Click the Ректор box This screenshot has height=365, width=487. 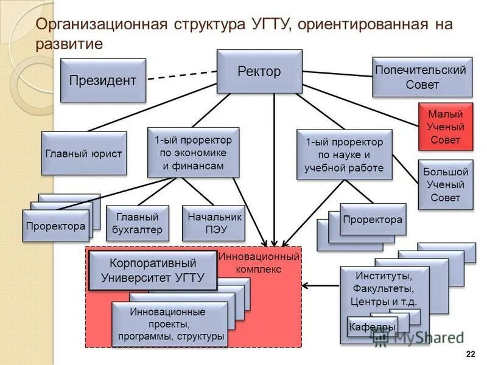click(x=259, y=72)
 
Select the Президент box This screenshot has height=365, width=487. click(x=103, y=80)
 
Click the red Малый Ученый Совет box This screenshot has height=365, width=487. click(x=446, y=127)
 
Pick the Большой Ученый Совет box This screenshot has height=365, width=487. click(x=446, y=184)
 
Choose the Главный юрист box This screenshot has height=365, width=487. click(x=84, y=153)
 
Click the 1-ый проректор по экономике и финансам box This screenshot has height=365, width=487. click(x=193, y=153)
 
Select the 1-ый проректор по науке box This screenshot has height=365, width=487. click(x=344, y=155)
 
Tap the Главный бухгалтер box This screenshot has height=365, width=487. click(x=137, y=223)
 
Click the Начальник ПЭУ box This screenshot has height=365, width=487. click(x=214, y=223)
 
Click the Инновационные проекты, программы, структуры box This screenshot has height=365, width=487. click(x=169, y=324)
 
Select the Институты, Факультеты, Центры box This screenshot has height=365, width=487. click(x=384, y=288)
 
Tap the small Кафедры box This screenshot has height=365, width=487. click(x=372, y=327)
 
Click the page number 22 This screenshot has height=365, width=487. click(x=470, y=354)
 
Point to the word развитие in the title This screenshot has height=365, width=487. click(x=69, y=44)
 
